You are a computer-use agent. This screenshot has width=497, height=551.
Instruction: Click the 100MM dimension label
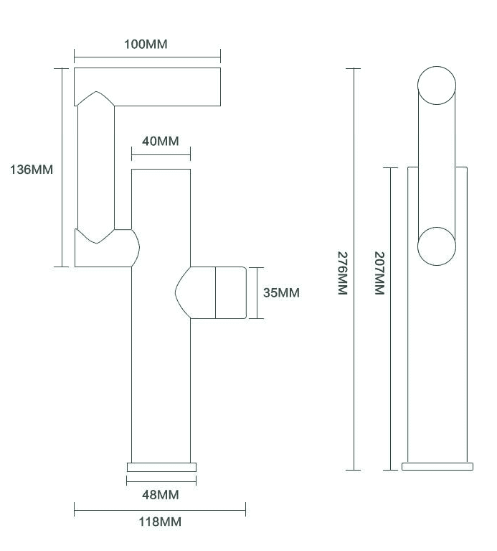[146, 45]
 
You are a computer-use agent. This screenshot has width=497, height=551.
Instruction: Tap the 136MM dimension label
[32, 170]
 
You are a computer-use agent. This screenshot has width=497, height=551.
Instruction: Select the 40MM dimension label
[161, 142]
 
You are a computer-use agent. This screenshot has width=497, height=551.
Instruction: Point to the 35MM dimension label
[281, 292]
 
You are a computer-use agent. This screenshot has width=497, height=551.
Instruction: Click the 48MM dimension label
[161, 495]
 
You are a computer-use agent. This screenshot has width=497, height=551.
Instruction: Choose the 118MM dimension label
[160, 522]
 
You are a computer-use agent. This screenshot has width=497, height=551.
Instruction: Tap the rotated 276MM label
[342, 274]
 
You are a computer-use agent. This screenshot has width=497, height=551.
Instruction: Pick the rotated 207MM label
[379, 273]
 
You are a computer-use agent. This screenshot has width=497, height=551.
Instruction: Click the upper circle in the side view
[437, 85]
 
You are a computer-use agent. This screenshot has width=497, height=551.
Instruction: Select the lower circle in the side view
[437, 246]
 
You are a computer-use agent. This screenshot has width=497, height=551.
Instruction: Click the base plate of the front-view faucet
[161, 467]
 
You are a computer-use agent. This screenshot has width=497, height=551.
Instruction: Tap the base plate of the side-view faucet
[437, 466]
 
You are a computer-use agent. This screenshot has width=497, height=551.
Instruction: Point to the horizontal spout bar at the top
[147, 87]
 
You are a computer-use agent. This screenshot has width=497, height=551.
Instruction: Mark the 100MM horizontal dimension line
[147, 57]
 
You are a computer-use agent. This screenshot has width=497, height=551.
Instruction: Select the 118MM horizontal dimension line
[160, 509]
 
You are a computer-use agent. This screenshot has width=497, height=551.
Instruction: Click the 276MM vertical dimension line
[353, 269]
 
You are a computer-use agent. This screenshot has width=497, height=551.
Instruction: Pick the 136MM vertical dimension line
[62, 167]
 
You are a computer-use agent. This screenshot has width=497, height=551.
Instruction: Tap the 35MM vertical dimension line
[257, 293]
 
